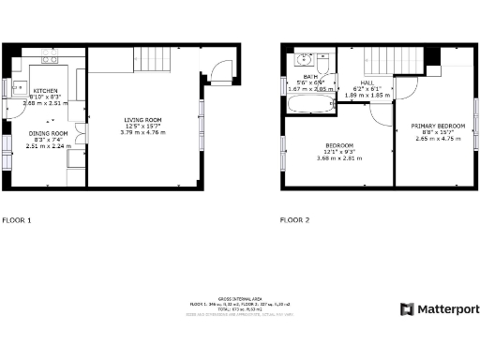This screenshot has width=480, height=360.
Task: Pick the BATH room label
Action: point(309,76)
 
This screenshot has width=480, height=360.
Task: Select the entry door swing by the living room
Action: point(217,71)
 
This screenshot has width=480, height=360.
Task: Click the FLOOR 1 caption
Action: point(17,220)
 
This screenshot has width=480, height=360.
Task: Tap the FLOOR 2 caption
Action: point(294,220)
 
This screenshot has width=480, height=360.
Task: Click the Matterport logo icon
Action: point(406,308)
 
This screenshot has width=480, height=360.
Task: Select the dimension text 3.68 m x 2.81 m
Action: point(339,157)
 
